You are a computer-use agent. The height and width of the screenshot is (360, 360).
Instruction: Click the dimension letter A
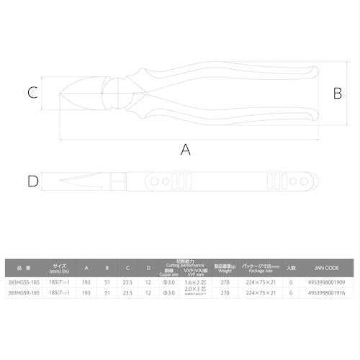pos(186,150)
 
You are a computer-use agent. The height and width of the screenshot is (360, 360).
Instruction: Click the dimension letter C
pos(32,92)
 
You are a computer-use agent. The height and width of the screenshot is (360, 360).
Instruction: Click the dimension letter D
pos(32,181)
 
